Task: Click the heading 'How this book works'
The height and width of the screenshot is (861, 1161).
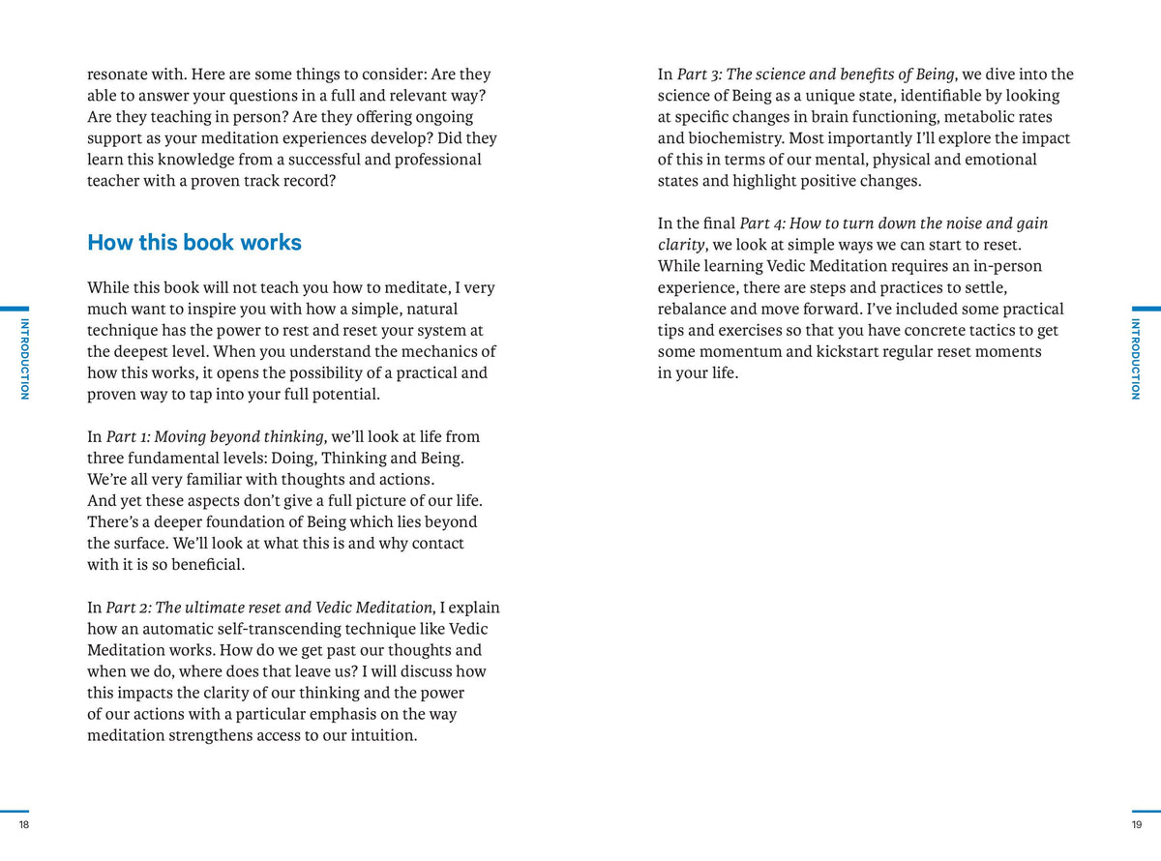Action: [194, 243]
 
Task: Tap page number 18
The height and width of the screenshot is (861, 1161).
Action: [24, 824]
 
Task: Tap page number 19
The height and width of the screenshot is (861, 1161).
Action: [1136, 824]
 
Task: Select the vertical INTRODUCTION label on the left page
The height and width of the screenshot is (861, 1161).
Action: [25, 358]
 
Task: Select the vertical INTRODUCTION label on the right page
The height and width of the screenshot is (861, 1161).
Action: [1136, 358]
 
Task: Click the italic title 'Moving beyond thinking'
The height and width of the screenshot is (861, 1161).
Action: [240, 436]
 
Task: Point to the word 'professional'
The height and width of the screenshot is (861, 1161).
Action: [433, 160]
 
